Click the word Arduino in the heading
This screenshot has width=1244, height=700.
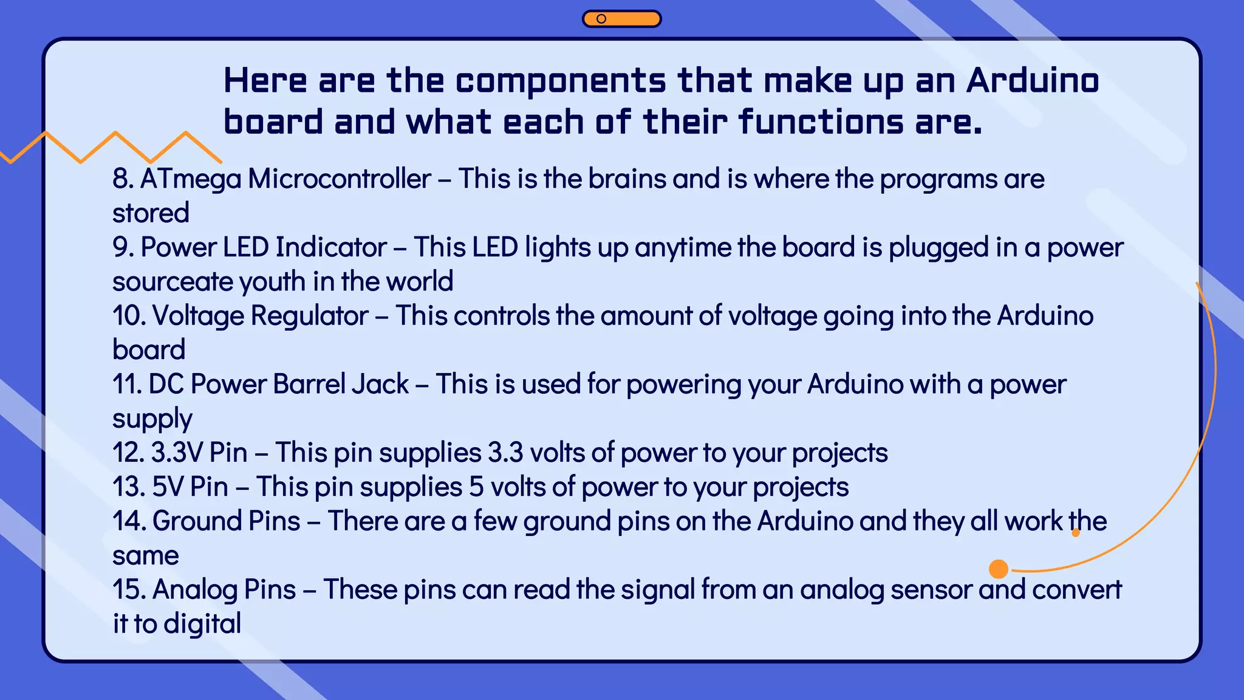click(x=1032, y=80)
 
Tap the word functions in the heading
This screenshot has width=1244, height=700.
click(x=821, y=122)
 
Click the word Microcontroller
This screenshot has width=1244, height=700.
click(x=340, y=179)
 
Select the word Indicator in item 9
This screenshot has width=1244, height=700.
click(x=331, y=247)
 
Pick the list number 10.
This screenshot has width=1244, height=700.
click(x=128, y=316)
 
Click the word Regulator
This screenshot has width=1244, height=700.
click(x=310, y=316)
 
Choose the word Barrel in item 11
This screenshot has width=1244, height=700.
click(x=310, y=384)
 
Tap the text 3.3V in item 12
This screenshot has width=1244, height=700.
click(x=177, y=453)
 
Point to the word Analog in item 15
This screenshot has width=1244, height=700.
click(x=194, y=589)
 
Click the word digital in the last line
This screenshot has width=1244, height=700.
click(x=202, y=623)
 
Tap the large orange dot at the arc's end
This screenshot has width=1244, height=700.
click(x=999, y=569)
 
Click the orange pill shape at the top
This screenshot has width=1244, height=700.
click(x=621, y=19)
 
